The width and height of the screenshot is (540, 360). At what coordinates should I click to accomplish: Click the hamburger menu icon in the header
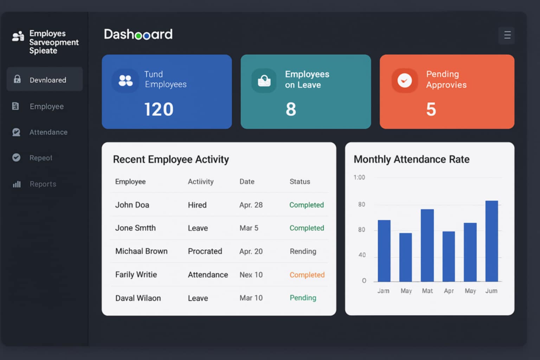tap(507, 35)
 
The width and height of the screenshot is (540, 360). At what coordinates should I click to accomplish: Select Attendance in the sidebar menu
tap(48, 132)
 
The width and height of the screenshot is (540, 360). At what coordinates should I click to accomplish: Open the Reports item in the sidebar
tap(43, 184)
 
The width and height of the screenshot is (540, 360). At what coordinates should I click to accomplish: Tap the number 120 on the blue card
tap(159, 109)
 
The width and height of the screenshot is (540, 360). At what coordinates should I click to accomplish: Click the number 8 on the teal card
tap(291, 109)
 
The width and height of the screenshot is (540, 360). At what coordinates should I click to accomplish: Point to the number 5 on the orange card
tap(431, 109)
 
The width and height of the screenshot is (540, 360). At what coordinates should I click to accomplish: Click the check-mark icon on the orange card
tap(405, 81)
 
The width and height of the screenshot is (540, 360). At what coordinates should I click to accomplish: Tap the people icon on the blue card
tap(126, 81)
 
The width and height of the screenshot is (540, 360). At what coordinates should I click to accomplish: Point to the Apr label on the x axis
tap(449, 291)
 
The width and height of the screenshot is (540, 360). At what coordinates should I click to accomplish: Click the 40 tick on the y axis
tap(362, 255)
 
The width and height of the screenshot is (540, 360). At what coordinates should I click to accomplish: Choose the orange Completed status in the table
tap(307, 275)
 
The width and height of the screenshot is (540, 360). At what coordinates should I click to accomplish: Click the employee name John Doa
tap(132, 205)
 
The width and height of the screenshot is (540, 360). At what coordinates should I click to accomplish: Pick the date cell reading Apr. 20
tap(251, 251)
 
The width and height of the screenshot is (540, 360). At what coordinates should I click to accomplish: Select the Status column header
tap(300, 181)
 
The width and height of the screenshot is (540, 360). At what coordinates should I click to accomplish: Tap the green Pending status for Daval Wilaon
tap(303, 298)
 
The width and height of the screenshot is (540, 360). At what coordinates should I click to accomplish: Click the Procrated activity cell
tap(205, 251)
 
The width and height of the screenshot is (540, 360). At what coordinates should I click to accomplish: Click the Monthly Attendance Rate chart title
tap(411, 159)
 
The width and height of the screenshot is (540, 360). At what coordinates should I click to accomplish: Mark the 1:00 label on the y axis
tap(359, 177)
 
